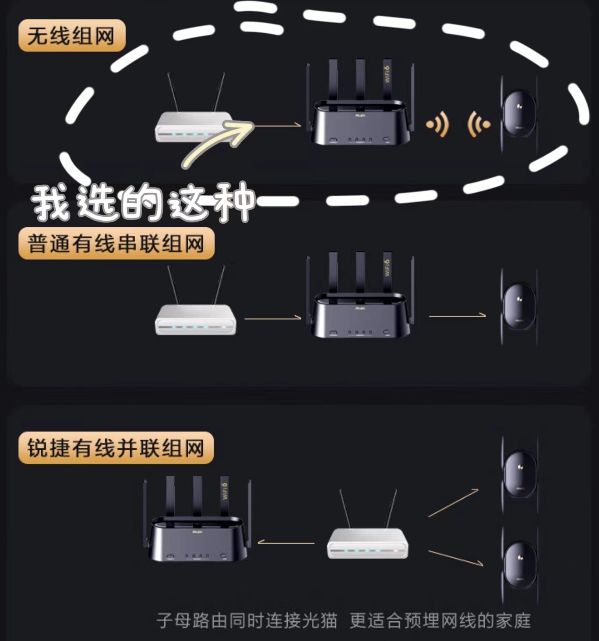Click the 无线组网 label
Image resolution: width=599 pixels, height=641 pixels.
coord(71,35)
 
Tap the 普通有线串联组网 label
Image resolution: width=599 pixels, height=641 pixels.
coord(116,243)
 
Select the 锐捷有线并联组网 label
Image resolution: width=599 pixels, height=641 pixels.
coord(116,448)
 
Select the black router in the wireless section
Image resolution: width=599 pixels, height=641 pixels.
coord(360,118)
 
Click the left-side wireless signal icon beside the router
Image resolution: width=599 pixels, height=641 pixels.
coord(438,124)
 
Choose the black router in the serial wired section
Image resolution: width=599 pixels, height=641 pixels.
coord(360,311)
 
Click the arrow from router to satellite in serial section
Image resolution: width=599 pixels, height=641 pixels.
coord(457,315)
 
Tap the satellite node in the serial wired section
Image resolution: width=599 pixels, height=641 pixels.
coord(519,306)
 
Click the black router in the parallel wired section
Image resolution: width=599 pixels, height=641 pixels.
coord(197,534)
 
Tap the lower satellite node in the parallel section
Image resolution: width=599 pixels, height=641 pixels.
coord(520,565)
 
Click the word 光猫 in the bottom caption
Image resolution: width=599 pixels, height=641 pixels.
coord(320,620)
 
